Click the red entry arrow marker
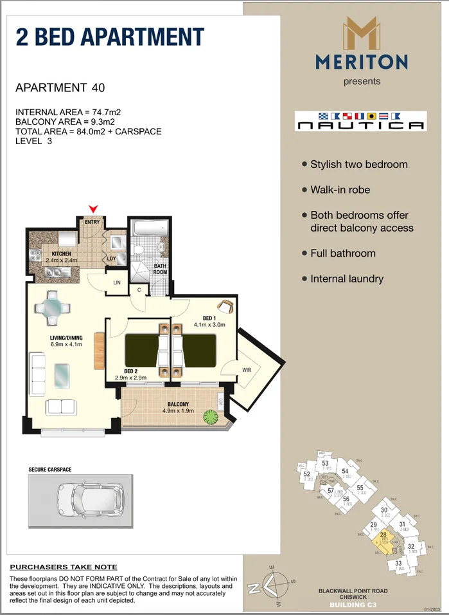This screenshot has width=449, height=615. pos(94,208)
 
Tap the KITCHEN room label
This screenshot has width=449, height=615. pos(62,254)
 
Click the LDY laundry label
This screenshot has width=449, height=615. pos(111,259)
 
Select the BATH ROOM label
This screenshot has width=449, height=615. pos(160,269)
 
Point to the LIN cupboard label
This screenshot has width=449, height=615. pos(117,282)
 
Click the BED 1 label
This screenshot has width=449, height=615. pos(209,318)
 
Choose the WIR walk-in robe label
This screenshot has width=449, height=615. pos(246,371)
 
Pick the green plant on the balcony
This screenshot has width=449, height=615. pos(210,416)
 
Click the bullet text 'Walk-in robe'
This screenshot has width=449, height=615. pos(340,190)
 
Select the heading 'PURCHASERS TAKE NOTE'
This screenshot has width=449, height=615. pos(64,567)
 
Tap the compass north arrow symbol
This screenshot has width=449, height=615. pos(274,583)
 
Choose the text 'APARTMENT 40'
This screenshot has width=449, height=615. pos(60,87)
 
